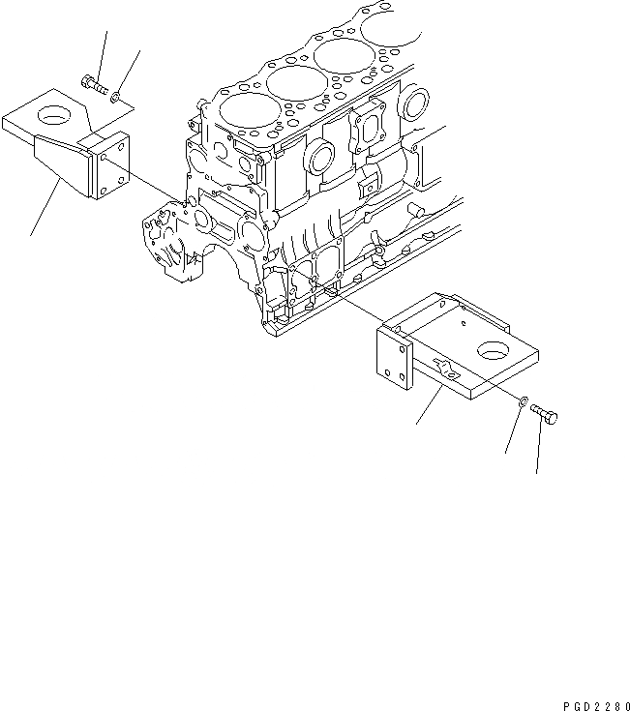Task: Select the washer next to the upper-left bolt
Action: coord(116,97)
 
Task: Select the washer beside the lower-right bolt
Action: coord(523,400)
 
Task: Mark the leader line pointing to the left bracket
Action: coord(48,208)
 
